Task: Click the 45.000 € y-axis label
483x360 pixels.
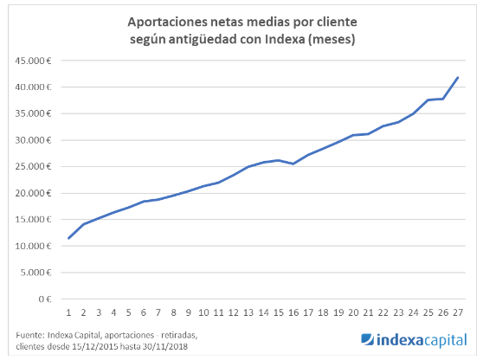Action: pyautogui.click(x=35, y=61)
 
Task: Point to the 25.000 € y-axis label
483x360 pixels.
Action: pyautogui.click(x=35, y=166)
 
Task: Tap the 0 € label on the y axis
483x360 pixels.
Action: pyautogui.click(x=46, y=299)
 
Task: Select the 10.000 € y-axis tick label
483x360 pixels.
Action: pyautogui.click(x=35, y=246)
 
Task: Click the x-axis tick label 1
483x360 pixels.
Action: pyautogui.click(x=68, y=312)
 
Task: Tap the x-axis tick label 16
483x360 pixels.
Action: pyautogui.click(x=293, y=312)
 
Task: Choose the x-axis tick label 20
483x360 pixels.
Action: pyautogui.click(x=353, y=312)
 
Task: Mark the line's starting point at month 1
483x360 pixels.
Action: pyautogui.click(x=68, y=238)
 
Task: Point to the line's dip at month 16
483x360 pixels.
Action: pyautogui.click(x=293, y=164)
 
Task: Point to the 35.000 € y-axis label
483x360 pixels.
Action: pyautogui.click(x=35, y=113)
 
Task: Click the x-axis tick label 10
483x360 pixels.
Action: pyautogui.click(x=203, y=312)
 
